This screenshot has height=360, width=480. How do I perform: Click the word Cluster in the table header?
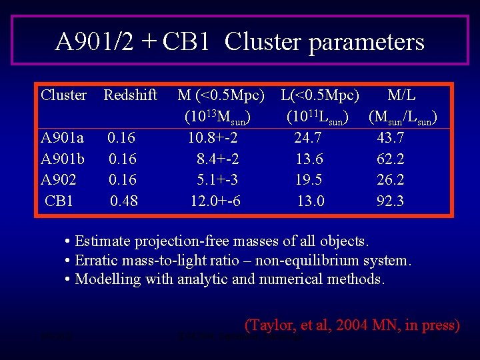63,95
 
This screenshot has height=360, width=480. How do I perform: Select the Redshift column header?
130,95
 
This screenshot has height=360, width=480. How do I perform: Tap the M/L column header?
402,95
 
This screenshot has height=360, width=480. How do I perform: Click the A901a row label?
62,138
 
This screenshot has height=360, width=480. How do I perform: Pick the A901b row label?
62,159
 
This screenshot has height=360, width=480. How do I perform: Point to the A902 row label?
59,179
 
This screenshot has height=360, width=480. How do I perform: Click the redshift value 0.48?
124,201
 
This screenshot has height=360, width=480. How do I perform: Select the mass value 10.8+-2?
213,138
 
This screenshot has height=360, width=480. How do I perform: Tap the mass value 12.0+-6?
215,201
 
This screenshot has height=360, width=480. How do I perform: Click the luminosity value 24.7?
308,138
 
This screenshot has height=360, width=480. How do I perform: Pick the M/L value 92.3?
390,201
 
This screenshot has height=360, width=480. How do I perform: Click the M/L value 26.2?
390,179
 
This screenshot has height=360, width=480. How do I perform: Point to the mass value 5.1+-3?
217,179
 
